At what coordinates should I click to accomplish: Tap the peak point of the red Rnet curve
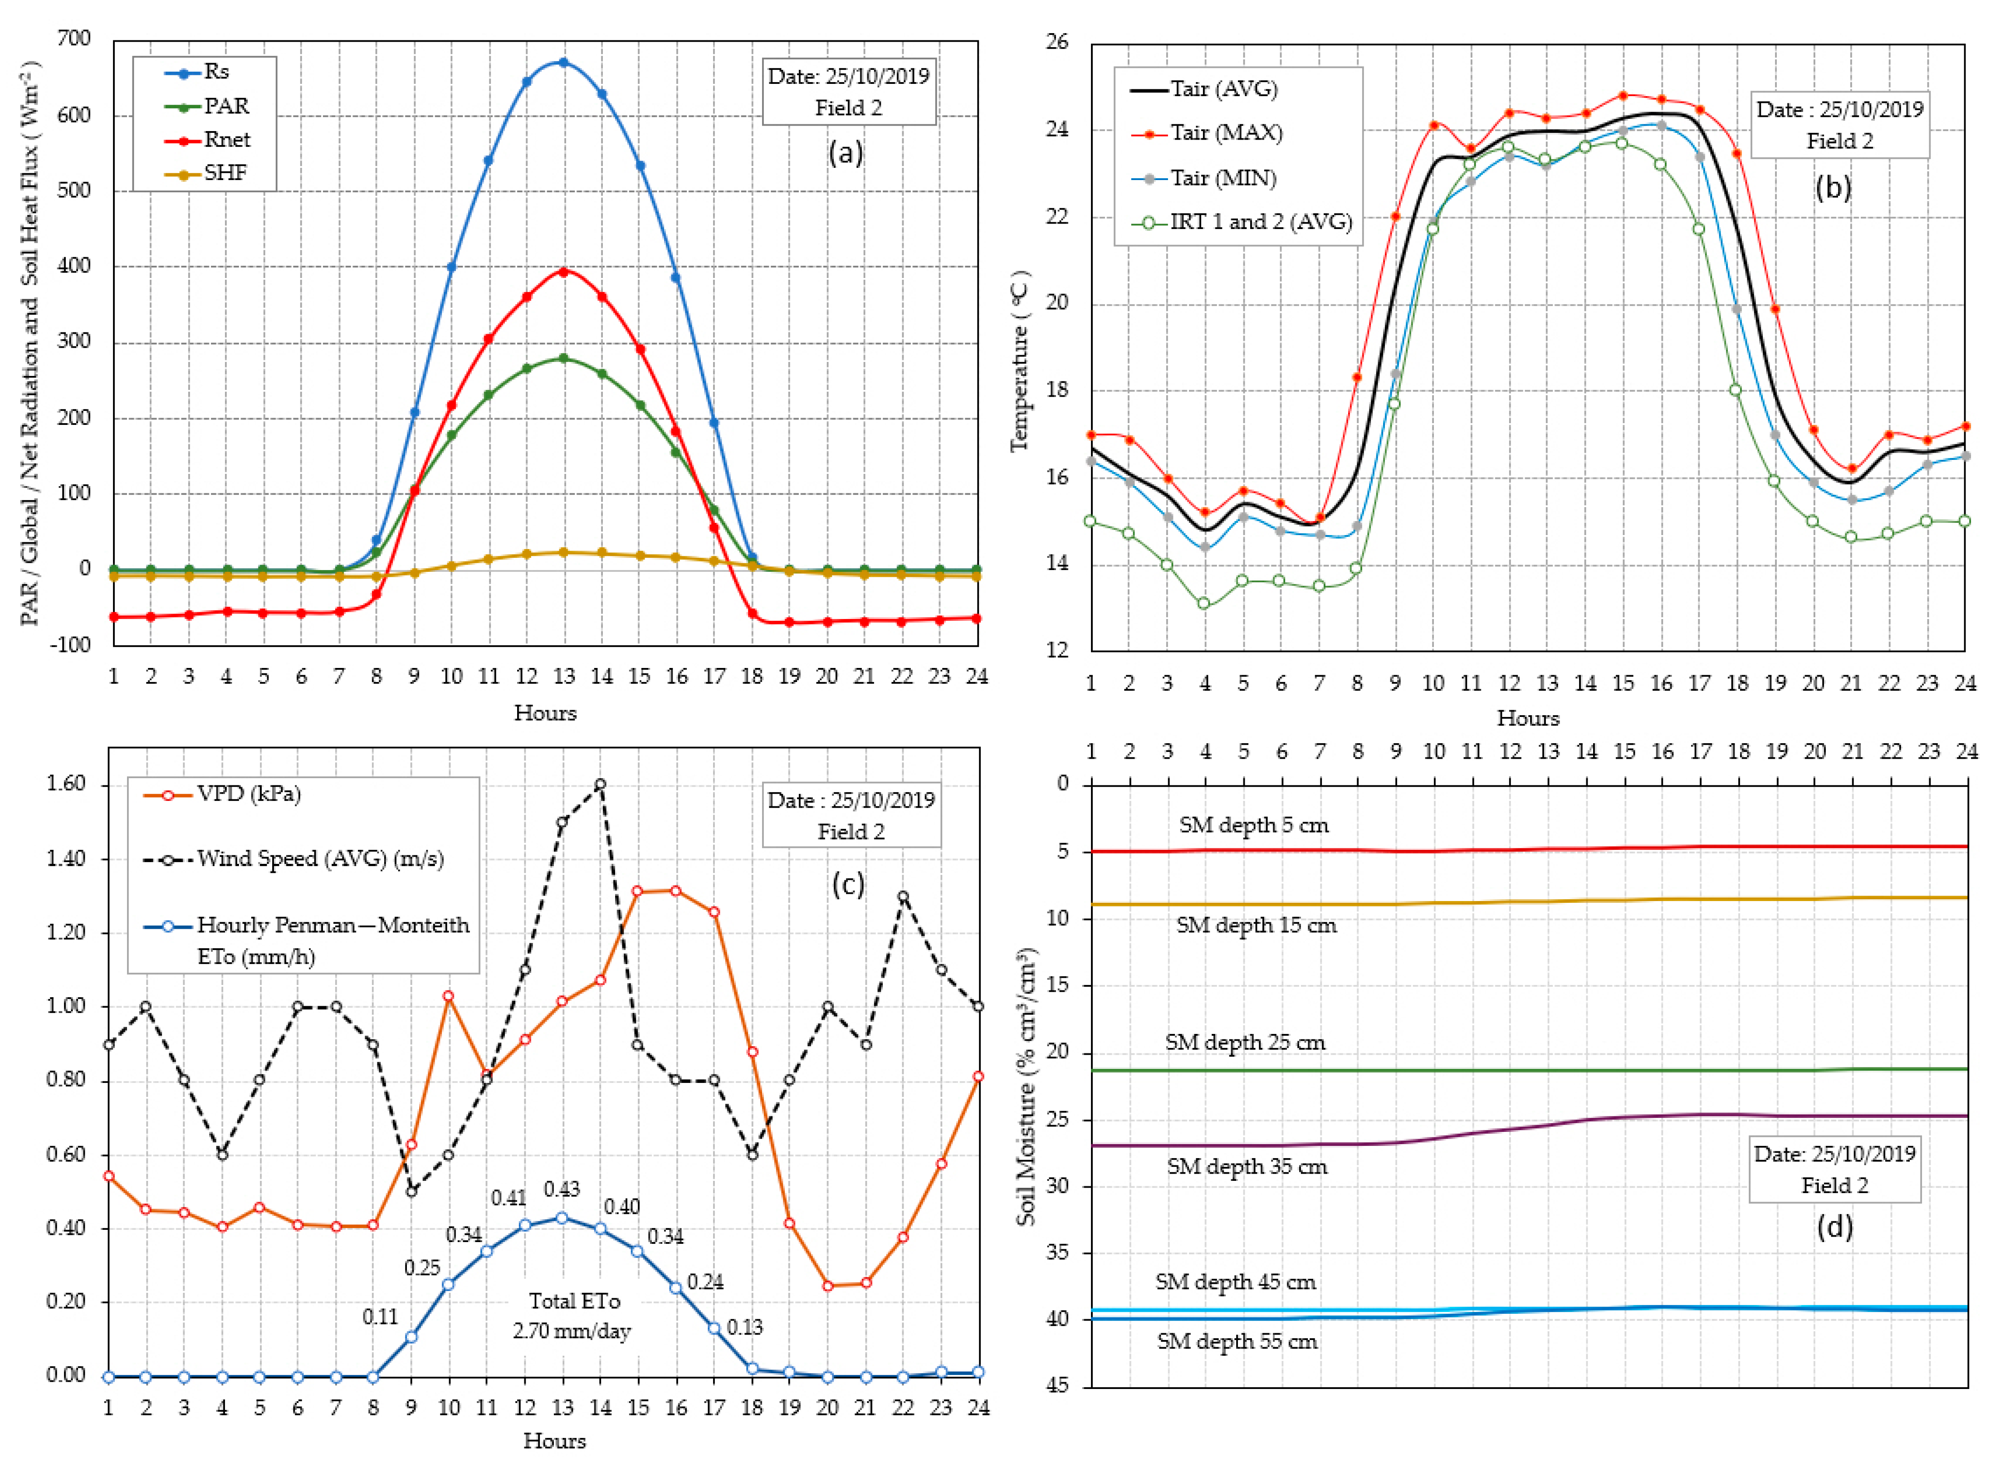point(563,272)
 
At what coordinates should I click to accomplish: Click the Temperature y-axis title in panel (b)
point(1020,361)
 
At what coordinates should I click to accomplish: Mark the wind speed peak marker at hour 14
point(600,784)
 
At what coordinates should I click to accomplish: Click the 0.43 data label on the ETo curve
point(561,1189)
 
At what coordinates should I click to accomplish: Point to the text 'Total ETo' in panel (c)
point(574,1301)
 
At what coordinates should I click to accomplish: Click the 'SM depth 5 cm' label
point(1253,825)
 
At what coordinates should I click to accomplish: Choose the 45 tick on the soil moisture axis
point(1058,1384)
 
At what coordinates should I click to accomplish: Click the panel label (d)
point(1833,1227)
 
